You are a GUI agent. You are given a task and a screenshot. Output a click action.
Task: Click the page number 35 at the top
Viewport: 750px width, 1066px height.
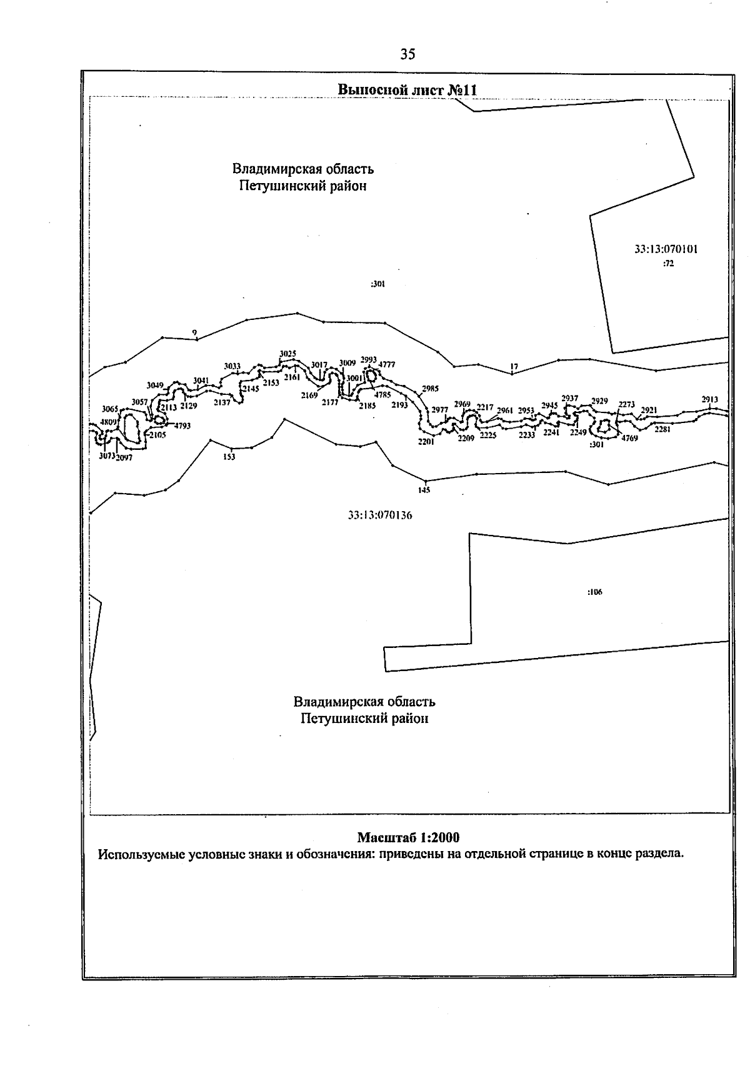point(407,54)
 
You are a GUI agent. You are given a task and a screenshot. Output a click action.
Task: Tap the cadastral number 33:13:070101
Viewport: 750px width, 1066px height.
point(666,249)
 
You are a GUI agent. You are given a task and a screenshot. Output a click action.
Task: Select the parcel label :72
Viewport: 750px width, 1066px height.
point(668,264)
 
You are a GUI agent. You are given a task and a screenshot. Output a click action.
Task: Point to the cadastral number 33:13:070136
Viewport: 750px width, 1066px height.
point(380,516)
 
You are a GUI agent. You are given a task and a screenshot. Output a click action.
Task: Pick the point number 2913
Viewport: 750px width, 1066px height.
point(710,399)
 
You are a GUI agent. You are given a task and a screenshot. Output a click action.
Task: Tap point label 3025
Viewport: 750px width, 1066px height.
point(287,354)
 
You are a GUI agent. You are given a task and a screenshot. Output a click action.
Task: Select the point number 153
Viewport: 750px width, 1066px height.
point(229,457)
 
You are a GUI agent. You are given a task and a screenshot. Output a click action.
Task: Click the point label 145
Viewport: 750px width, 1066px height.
point(424,491)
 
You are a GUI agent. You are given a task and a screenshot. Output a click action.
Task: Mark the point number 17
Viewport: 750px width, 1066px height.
point(514,367)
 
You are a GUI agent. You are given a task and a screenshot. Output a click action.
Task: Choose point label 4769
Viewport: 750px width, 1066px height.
point(629,439)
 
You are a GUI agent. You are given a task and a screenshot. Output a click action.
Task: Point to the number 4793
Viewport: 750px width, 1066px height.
point(182,426)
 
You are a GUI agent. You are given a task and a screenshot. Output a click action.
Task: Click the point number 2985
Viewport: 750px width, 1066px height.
point(430,389)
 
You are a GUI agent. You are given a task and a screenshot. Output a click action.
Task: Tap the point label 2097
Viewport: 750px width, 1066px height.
point(124,457)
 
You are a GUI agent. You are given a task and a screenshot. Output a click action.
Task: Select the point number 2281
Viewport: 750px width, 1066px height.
point(662,429)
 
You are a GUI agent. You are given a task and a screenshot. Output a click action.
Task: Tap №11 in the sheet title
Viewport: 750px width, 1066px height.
point(462,90)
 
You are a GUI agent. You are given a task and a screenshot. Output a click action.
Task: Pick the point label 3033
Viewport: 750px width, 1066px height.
point(232,366)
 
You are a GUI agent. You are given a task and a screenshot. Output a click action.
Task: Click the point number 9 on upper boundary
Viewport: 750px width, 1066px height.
point(194,332)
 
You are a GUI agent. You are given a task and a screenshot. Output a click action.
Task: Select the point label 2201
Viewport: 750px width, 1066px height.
point(426,441)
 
